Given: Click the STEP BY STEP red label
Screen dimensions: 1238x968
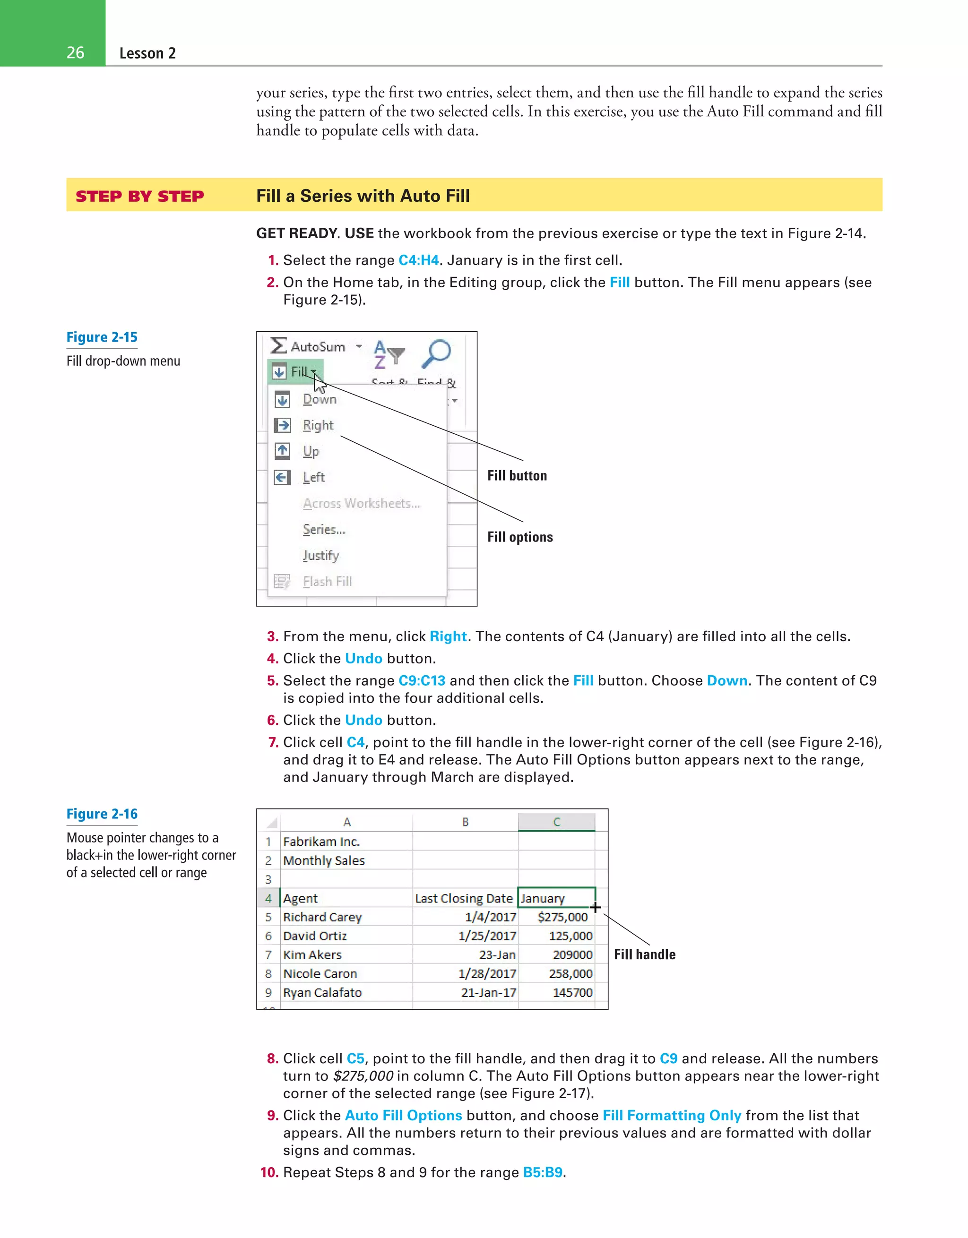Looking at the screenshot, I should tap(139, 196).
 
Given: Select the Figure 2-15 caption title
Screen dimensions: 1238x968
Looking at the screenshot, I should tap(102, 337).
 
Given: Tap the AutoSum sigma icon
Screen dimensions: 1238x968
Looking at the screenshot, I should tap(278, 346).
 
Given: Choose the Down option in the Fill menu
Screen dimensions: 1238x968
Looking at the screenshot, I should tap(319, 399).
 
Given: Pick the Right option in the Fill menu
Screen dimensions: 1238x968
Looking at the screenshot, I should tap(318, 425).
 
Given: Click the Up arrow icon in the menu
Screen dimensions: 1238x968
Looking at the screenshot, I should tap(282, 451).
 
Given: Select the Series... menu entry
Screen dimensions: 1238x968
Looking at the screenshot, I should tap(324, 529).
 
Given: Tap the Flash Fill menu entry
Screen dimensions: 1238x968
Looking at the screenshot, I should tap(327, 582).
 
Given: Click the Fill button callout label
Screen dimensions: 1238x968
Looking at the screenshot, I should tap(517, 475).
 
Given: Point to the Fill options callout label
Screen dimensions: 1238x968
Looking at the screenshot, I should tap(520, 537).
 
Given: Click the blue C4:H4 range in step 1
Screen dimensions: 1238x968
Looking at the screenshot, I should tap(418, 260).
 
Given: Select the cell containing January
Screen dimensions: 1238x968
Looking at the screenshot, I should tap(556, 898).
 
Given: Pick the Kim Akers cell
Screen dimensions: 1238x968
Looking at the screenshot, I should tap(312, 954).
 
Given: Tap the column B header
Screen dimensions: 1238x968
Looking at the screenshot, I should tap(465, 822).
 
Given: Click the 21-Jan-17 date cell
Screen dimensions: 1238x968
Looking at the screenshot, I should tap(488, 993).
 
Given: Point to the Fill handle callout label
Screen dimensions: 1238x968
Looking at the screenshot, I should tap(645, 954).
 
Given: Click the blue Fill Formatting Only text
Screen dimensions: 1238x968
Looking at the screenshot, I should tap(672, 1116).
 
